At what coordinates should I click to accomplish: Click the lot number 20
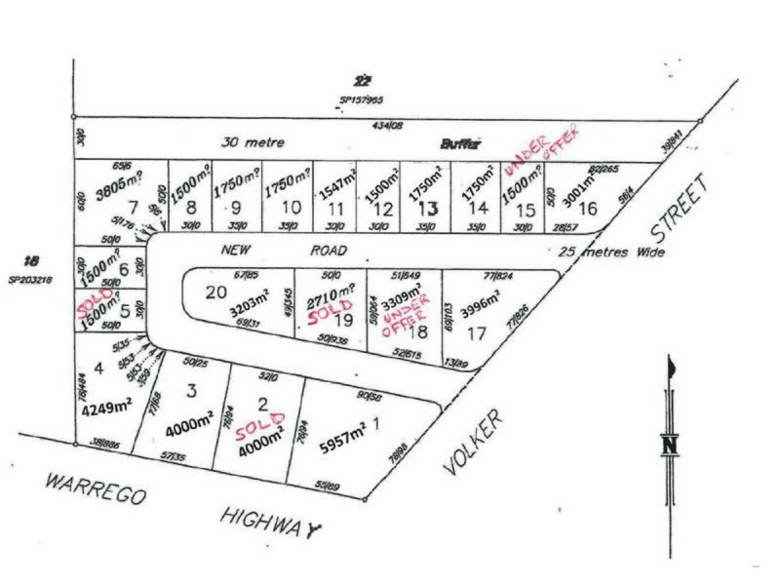pos(215,291)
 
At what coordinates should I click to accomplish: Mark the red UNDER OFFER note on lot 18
pos(402,317)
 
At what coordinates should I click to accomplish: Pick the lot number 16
pos(587,207)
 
